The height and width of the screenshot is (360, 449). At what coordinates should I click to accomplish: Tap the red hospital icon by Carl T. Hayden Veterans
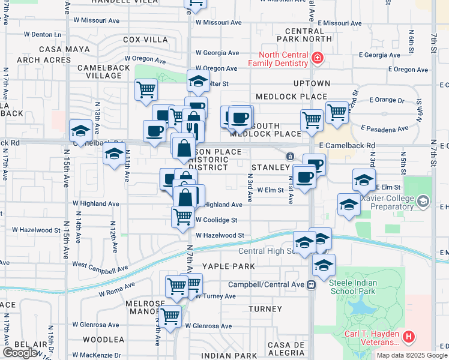pyautogui.click(x=409, y=337)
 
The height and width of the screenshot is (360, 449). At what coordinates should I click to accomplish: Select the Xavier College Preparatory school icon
pyautogui.click(x=424, y=200)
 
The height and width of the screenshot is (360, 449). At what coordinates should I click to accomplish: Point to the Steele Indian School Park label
pyautogui.click(x=352, y=291)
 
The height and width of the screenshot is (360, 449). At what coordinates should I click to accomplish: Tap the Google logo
pyautogui.click(x=20, y=353)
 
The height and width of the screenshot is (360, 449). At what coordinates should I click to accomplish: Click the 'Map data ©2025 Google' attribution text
pyautogui.click(x=412, y=355)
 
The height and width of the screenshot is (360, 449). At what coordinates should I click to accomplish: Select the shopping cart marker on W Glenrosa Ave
pyautogui.click(x=170, y=316)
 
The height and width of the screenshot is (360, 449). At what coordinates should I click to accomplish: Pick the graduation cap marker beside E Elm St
pyautogui.click(x=364, y=179)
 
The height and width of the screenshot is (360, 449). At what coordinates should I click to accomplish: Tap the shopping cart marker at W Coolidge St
pyautogui.click(x=182, y=217)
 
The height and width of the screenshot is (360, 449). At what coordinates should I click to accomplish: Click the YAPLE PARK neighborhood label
pyautogui.click(x=228, y=266)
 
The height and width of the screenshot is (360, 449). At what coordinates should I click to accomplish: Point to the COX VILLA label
pyautogui.click(x=145, y=40)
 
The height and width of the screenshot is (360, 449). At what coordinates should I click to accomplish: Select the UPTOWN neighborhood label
pyautogui.click(x=312, y=83)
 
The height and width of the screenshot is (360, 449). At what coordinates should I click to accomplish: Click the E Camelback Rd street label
pyautogui.click(x=347, y=146)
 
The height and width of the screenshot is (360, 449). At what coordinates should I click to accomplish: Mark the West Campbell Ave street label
pyautogui.click(x=100, y=267)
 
